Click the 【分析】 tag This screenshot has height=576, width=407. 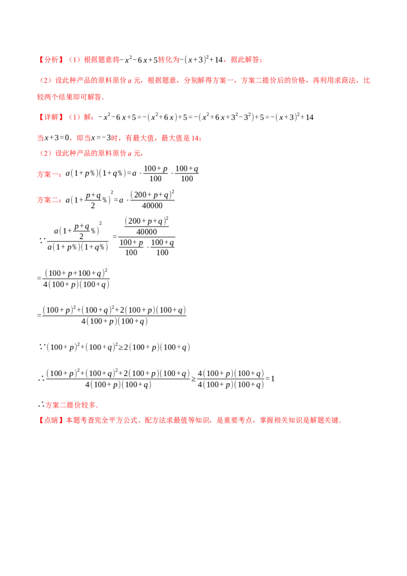click(51, 60)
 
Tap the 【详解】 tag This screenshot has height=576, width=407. click(51, 117)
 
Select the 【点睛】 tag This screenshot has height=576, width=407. click(51, 420)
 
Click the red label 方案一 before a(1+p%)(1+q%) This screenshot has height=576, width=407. click(48, 174)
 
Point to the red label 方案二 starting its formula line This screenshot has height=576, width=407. click(48, 200)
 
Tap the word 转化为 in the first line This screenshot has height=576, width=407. click(169, 60)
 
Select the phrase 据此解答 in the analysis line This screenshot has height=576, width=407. click(245, 60)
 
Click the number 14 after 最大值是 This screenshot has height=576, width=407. click(195, 138)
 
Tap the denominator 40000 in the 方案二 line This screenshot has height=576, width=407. click(152, 206)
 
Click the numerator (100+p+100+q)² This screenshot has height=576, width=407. click(76, 273)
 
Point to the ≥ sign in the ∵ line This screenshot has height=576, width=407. click(121, 348)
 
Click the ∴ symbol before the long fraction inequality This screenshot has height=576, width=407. click(41, 379)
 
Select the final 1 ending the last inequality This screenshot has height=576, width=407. click(273, 379)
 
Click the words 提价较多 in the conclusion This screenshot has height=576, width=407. click(81, 405)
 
